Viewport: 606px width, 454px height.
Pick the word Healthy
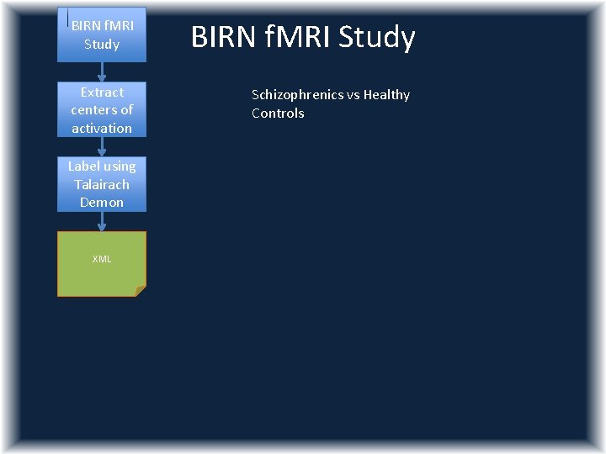pyautogui.click(x=387, y=95)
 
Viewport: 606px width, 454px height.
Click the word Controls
pyautogui.click(x=278, y=113)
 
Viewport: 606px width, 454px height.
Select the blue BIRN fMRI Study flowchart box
pyautogui.click(x=102, y=34)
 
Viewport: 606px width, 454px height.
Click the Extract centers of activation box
pyautogui.click(x=102, y=109)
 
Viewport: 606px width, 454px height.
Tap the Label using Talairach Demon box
pyautogui.click(x=102, y=184)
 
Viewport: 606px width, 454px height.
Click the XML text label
pyautogui.click(x=102, y=259)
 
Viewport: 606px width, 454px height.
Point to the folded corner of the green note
pyautogui.click(x=141, y=291)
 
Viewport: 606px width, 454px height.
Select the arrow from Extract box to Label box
pyautogui.click(x=102, y=147)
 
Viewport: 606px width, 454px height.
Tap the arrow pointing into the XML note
pyautogui.click(x=102, y=222)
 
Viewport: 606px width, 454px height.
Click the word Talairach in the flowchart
pyautogui.click(x=102, y=184)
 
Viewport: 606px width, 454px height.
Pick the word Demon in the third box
pyautogui.click(x=102, y=203)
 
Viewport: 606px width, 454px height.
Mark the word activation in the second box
pyautogui.click(x=102, y=128)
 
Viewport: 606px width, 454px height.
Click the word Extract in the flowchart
pyautogui.click(x=102, y=92)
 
